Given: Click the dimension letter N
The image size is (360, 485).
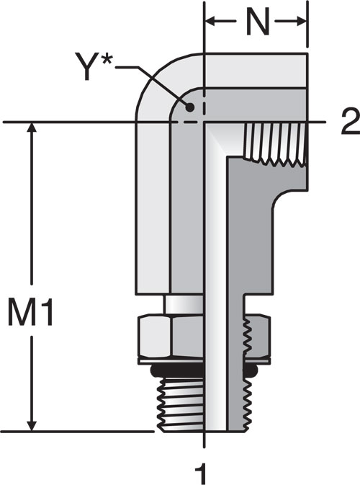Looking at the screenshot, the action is pos(258,22).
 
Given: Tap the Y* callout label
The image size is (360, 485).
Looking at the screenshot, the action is pos(93,66).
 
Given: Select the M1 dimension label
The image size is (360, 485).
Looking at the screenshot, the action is pos(30,311).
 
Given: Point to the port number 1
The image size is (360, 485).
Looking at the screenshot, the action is pos(202,471).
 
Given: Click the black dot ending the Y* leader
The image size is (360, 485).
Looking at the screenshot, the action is pos(190,107).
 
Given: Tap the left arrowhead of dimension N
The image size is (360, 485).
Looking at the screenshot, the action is pos(210,22).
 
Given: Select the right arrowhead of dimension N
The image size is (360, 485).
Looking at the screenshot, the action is pos(302,22).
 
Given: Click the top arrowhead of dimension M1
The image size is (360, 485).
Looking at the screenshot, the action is pos(32,128).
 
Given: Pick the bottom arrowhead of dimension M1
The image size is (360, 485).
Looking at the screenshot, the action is pos(32,425).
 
